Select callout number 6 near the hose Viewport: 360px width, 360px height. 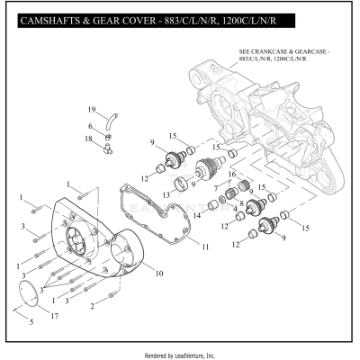tap(90, 126)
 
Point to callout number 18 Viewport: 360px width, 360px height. tap(89, 139)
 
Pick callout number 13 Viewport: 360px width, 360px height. tap(165, 193)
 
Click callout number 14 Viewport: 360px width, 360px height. tap(196, 216)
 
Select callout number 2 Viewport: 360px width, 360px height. tap(93, 306)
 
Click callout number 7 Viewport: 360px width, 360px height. tap(213, 184)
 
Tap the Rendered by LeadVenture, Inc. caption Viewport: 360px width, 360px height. tap(180, 355)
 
